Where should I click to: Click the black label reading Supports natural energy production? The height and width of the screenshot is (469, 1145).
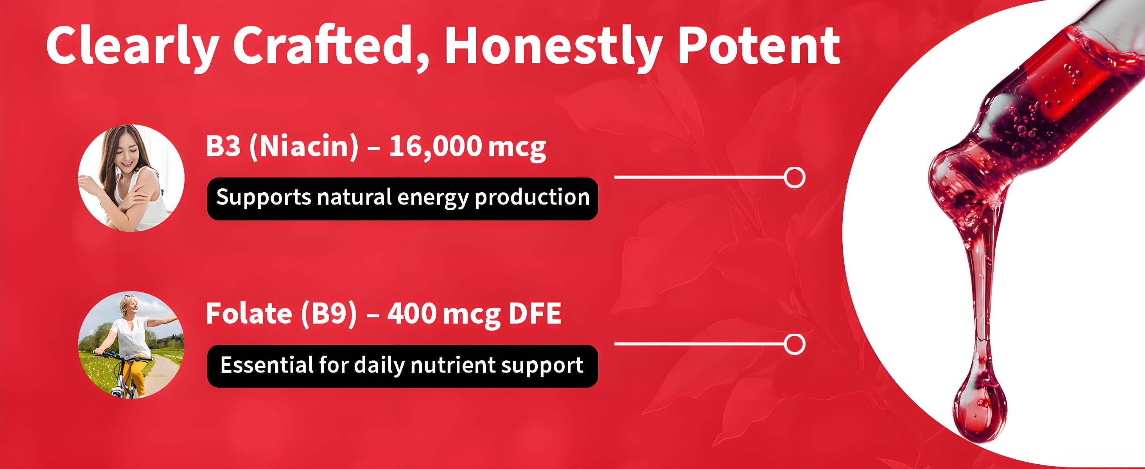(403, 199)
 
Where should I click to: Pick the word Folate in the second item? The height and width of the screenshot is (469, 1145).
(249, 313)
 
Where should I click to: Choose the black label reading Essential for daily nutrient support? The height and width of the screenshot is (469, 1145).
(403, 366)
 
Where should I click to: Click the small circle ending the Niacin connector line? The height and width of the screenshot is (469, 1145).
(794, 177)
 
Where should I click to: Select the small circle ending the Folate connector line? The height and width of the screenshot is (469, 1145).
(794, 344)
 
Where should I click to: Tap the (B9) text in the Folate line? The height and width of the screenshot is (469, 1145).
(329, 314)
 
